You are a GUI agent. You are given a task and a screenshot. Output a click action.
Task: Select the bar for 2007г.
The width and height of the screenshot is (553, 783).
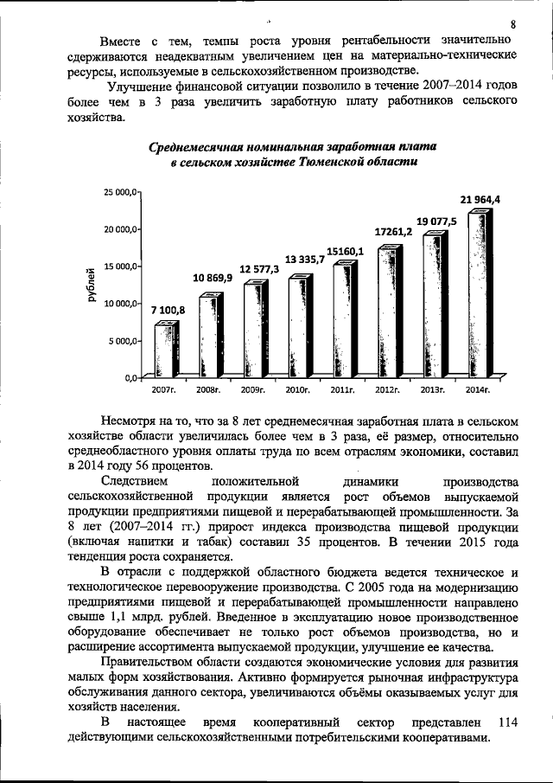pos(165,350)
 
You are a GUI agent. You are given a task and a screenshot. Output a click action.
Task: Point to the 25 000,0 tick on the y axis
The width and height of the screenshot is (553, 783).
pos(120,191)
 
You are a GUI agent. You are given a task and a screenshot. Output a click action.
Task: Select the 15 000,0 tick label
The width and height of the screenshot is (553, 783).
pos(120,266)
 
